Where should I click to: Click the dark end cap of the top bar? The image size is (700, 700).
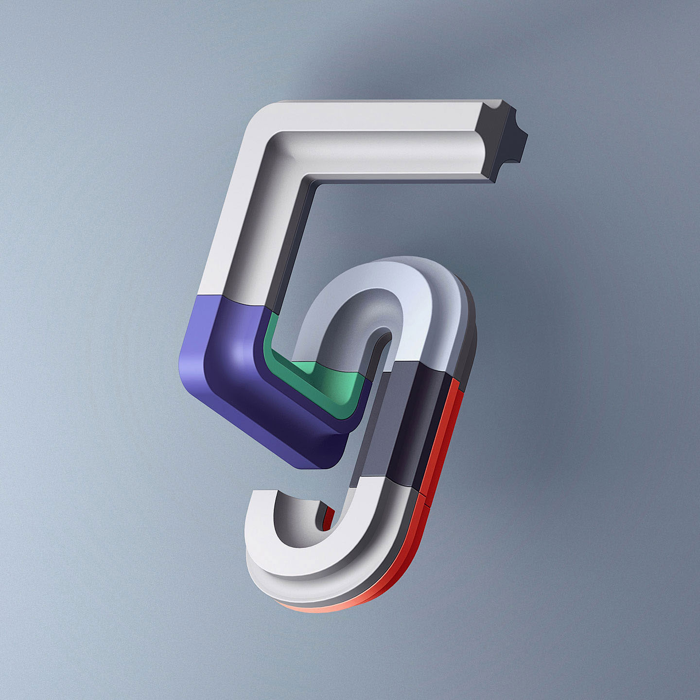pyautogui.click(x=503, y=139)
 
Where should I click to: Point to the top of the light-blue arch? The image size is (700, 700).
pyautogui.click(x=389, y=267)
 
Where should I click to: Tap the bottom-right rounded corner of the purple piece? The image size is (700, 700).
pyautogui.click(x=335, y=457)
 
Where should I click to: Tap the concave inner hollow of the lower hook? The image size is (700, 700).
pyautogui.click(x=297, y=525)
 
